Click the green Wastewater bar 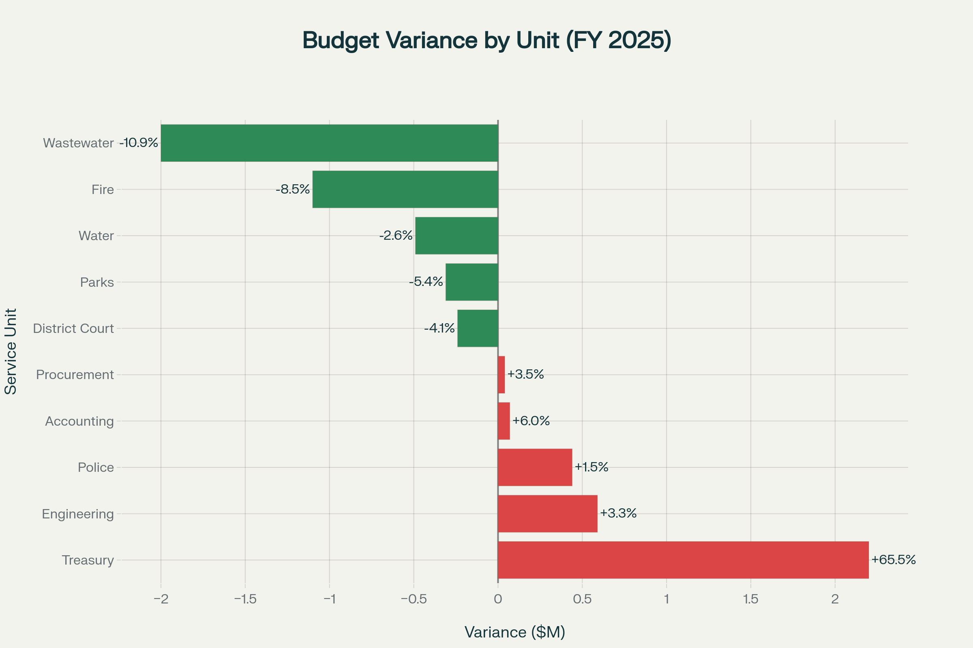[x=329, y=143]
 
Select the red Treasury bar [x=683, y=560]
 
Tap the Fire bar [x=405, y=189]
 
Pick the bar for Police [x=535, y=467]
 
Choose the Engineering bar [x=548, y=514]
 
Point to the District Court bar [x=478, y=328]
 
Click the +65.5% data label [x=893, y=560]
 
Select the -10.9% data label [x=139, y=143]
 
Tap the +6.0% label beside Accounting [x=531, y=421]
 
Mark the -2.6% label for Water [x=396, y=236]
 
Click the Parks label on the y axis [x=97, y=282]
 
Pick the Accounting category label [x=79, y=421]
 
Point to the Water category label [x=96, y=236]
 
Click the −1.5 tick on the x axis [x=245, y=599]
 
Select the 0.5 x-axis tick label [x=582, y=599]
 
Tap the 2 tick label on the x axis [x=835, y=599]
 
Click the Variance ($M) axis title [x=514, y=632]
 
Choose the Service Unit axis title [x=11, y=351]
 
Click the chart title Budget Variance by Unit [x=486, y=40]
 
